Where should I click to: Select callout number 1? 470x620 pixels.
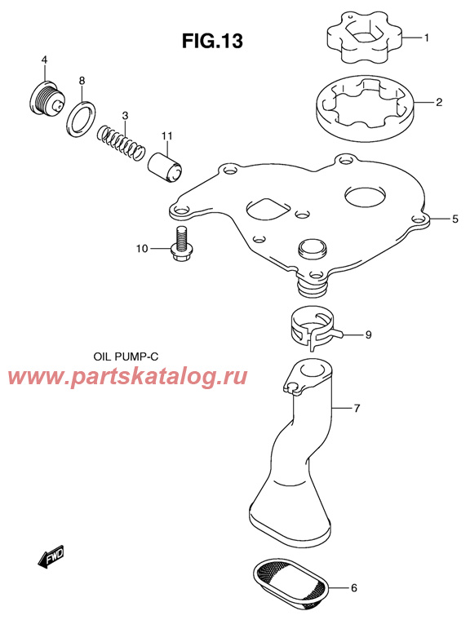coord(426,37)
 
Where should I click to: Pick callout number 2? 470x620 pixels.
coord(438,103)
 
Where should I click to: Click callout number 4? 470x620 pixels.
coord(45,60)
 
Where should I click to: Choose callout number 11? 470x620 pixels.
coord(166,135)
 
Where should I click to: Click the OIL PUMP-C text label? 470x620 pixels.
coord(131,357)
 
